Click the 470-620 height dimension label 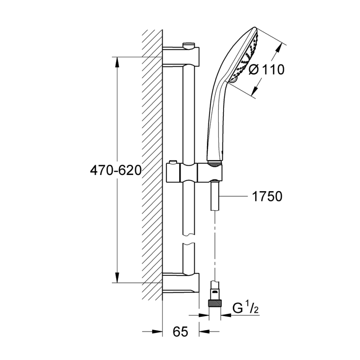click(x=116, y=170)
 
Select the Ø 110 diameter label click(x=267, y=70)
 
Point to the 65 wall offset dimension click(x=180, y=332)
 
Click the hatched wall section click(x=152, y=166)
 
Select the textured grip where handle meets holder click(x=214, y=165)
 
